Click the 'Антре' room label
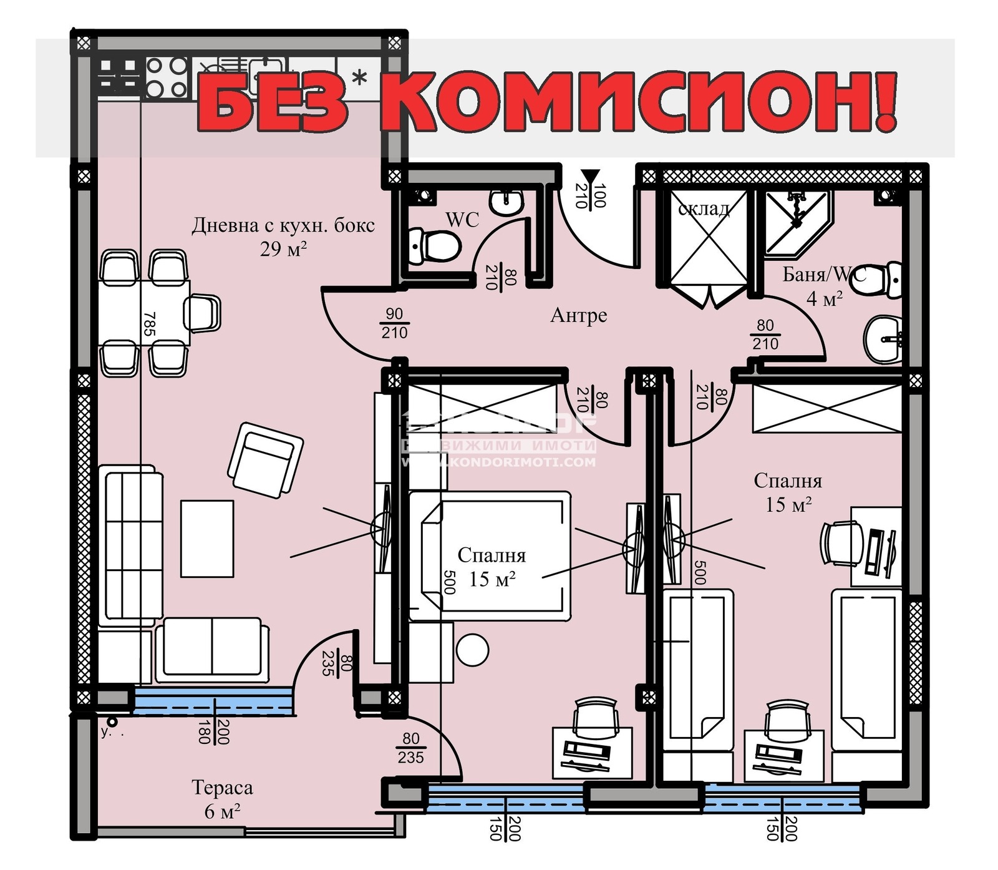578,315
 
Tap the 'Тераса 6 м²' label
222,799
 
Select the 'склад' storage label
704,208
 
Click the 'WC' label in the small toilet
462,219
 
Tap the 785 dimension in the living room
148,324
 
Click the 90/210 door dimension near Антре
394,323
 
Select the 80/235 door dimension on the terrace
410,748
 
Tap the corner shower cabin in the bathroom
795,222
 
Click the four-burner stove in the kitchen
167,77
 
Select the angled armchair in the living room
266,459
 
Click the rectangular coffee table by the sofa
207,538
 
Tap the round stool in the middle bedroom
472,650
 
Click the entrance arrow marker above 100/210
589,176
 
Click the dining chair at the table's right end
203,313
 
